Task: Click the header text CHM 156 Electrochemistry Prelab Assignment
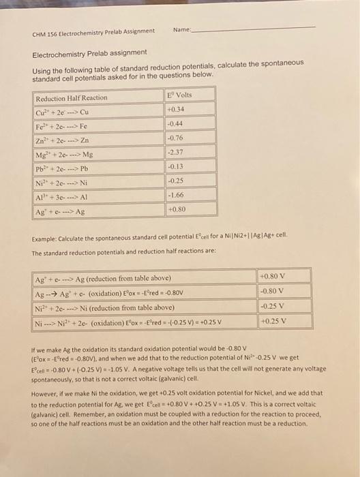coord(93,32)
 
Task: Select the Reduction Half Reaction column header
coord(72,98)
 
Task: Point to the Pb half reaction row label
coord(64,168)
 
